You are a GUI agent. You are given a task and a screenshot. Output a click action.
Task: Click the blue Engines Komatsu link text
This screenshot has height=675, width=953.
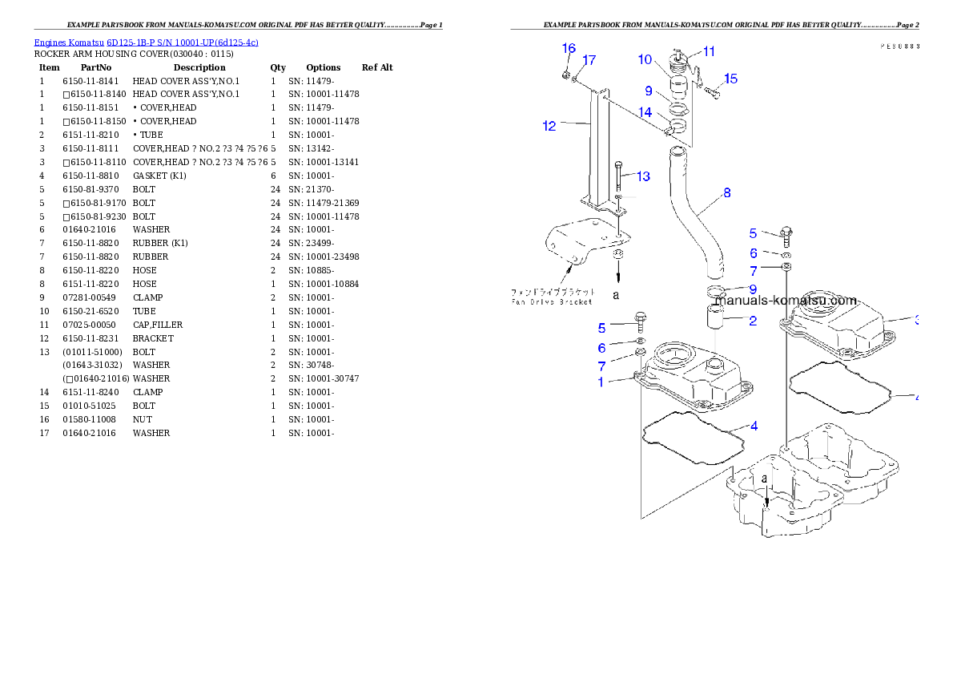(x=146, y=42)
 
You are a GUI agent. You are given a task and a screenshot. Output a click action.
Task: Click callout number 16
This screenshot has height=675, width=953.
(x=569, y=48)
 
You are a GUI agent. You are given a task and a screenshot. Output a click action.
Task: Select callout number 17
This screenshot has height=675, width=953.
(x=589, y=60)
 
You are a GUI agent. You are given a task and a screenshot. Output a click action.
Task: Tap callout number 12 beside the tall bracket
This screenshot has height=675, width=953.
(x=549, y=126)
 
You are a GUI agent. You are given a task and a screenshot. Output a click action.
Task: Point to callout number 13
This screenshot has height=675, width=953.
(x=643, y=176)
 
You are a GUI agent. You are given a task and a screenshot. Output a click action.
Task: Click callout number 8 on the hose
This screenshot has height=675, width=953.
(x=726, y=192)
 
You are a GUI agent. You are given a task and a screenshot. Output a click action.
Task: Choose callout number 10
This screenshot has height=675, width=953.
(x=645, y=59)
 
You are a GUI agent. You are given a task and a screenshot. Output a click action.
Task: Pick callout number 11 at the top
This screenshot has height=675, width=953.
(x=709, y=51)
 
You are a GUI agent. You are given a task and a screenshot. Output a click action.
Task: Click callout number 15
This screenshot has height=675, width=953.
(x=730, y=79)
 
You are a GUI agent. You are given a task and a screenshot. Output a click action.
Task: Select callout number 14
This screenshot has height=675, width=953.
(x=645, y=113)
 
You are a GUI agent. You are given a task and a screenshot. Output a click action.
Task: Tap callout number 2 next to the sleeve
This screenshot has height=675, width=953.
(x=753, y=321)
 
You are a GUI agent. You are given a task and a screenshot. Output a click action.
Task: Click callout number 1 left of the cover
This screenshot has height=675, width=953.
(x=601, y=382)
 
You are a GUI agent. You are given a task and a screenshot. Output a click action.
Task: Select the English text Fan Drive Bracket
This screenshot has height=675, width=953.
(x=552, y=301)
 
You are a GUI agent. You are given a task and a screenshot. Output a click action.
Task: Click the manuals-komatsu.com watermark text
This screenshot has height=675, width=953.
(x=786, y=301)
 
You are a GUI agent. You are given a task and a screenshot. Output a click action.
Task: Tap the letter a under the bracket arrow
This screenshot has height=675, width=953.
(x=616, y=294)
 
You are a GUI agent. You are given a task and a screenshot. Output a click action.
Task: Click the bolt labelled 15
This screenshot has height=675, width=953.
(x=713, y=92)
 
